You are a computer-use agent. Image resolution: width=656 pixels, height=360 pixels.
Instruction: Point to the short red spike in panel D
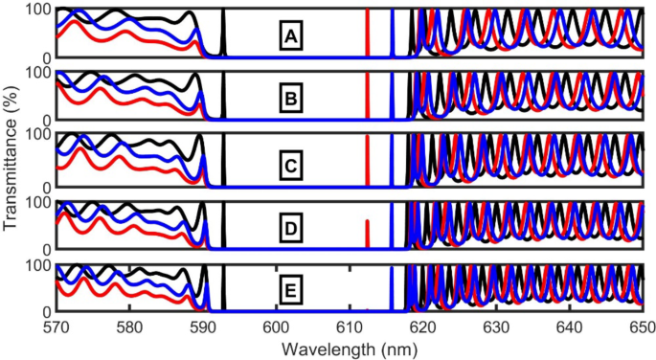[x=368, y=235]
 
